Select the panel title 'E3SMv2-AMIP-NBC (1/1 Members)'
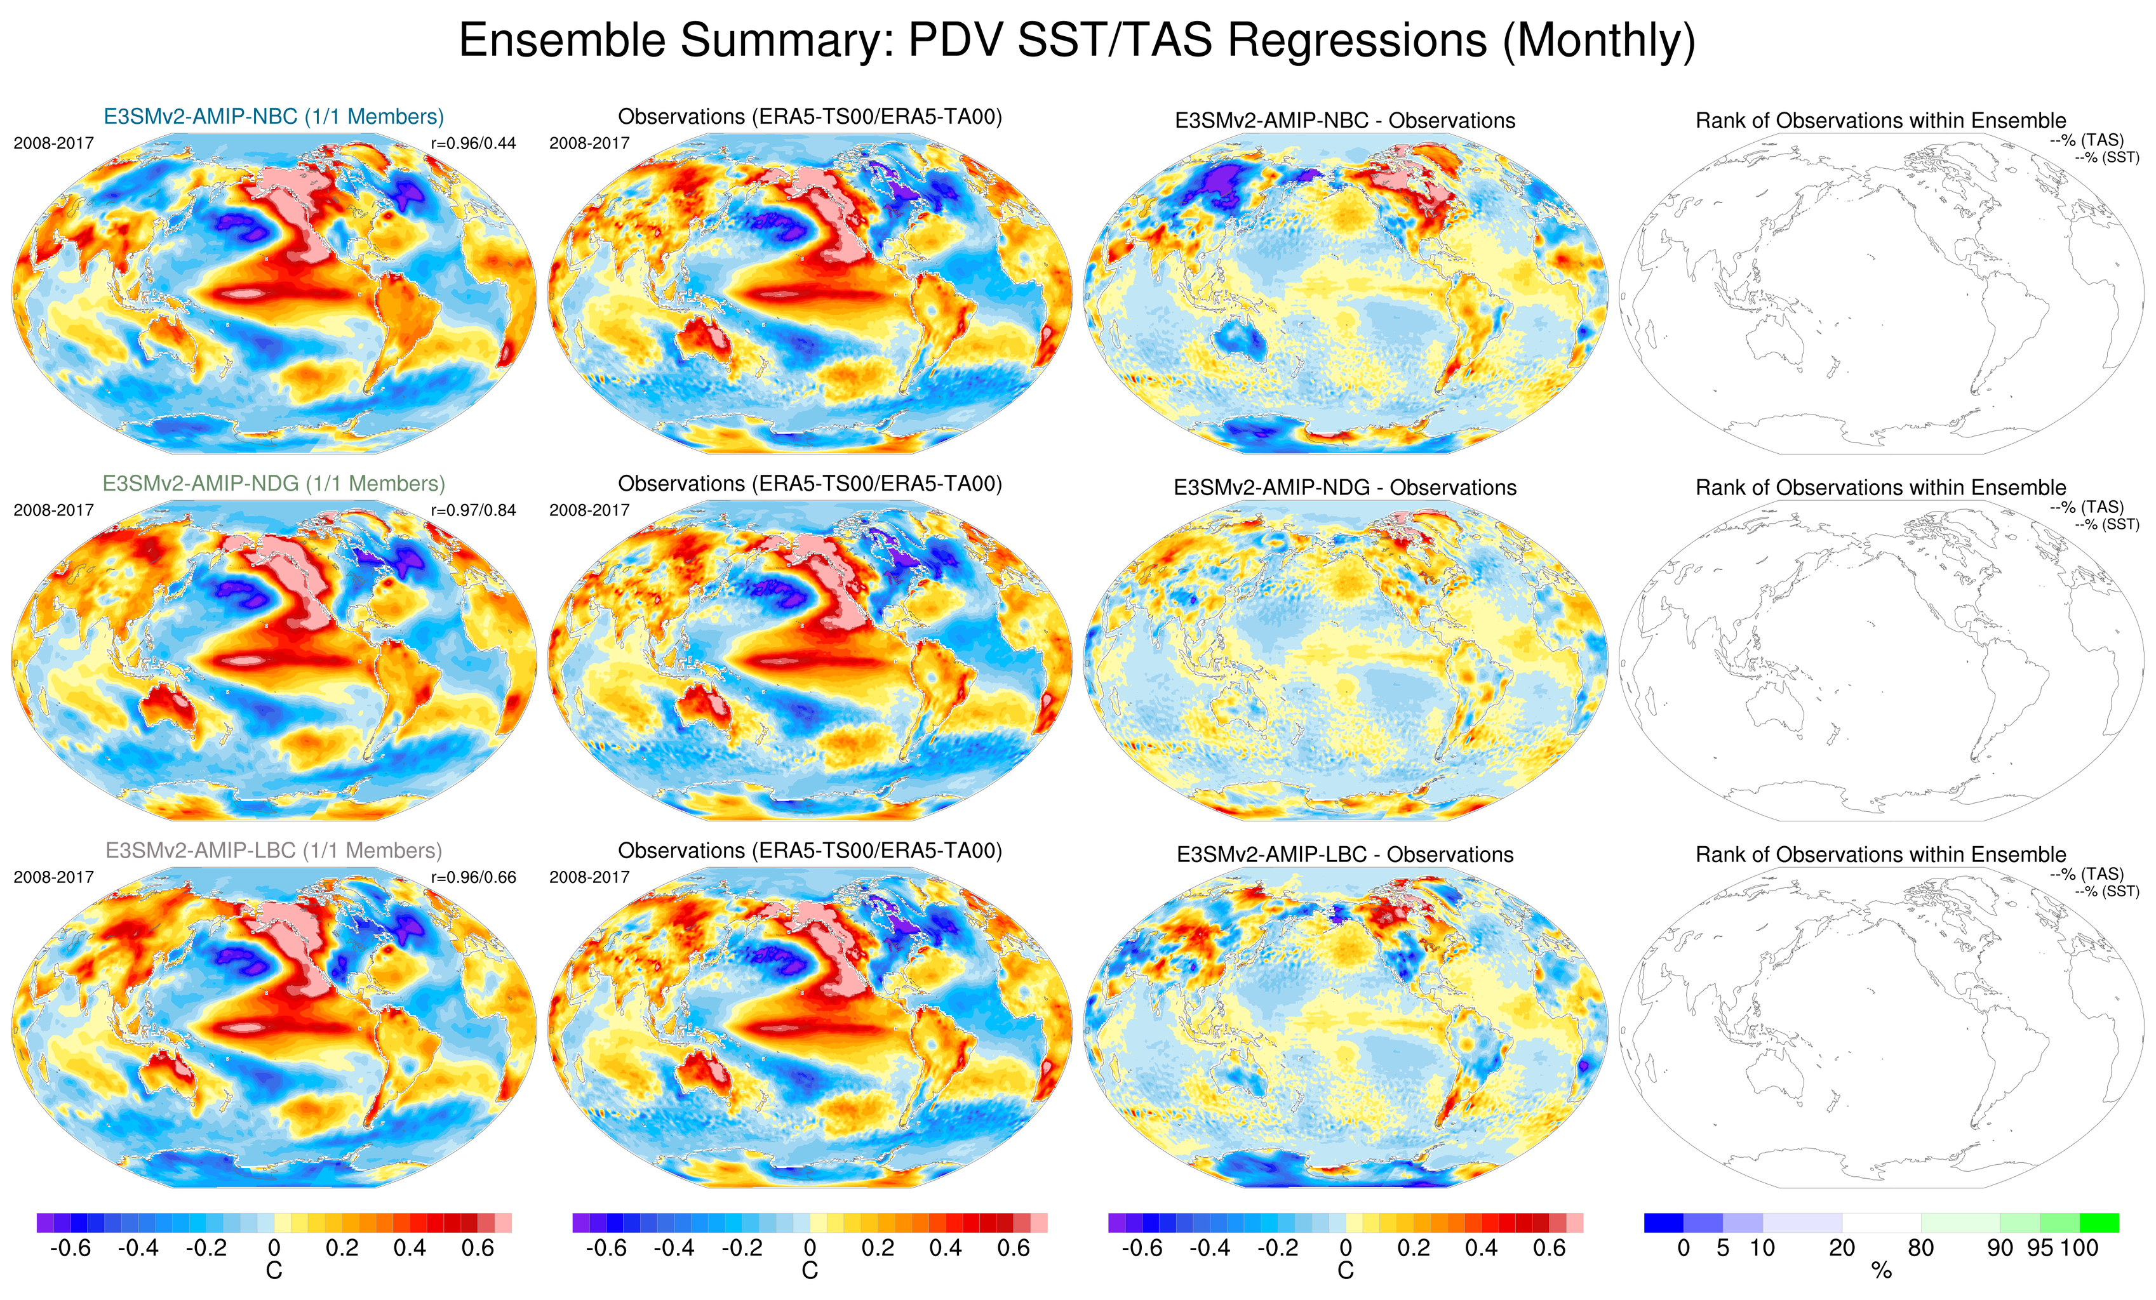pyautogui.click(x=274, y=116)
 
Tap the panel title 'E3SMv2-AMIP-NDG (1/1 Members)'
pyautogui.click(x=274, y=484)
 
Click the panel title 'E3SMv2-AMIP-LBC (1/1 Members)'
pyautogui.click(x=274, y=851)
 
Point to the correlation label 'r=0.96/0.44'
pyautogui.click(x=473, y=143)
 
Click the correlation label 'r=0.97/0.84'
pyautogui.click(x=473, y=510)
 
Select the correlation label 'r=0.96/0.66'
pyautogui.click(x=473, y=877)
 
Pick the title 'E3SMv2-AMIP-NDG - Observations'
pyautogui.click(x=1345, y=487)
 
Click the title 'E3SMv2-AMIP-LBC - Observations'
pyautogui.click(x=1345, y=854)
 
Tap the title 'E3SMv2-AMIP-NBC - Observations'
pyautogui.click(x=1345, y=121)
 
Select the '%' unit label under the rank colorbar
pyautogui.click(x=1881, y=1271)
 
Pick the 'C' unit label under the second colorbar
pyautogui.click(x=810, y=1270)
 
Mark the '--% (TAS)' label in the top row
pyautogui.click(x=2086, y=140)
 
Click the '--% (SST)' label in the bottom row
pyautogui.click(x=2107, y=891)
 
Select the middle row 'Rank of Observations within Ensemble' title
pyautogui.click(x=1880, y=487)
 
